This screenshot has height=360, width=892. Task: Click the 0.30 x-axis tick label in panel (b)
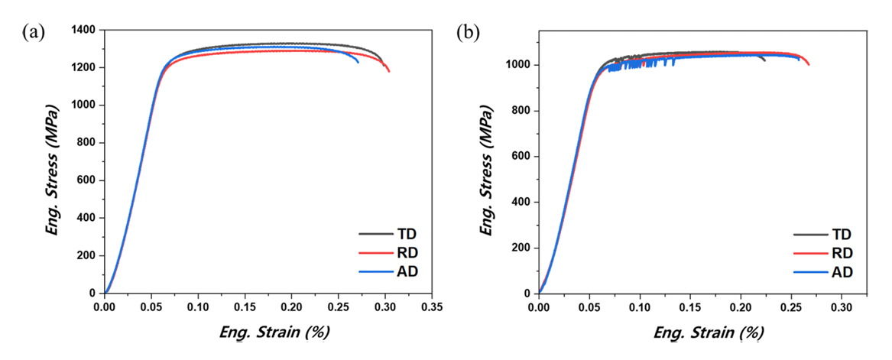(x=842, y=307)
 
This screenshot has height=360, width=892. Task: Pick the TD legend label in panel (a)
(x=405, y=235)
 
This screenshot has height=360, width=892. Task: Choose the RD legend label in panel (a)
(x=405, y=253)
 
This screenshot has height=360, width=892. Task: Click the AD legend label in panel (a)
(x=405, y=271)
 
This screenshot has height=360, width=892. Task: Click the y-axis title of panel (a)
(x=53, y=163)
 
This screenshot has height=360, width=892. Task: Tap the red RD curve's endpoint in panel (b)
(x=809, y=65)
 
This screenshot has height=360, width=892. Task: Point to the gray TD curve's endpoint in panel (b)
(x=764, y=60)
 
